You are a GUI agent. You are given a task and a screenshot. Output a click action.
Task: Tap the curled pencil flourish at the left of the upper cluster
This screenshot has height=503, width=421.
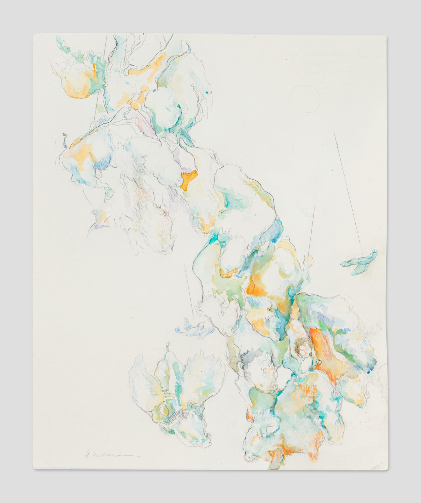coord(66,137)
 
